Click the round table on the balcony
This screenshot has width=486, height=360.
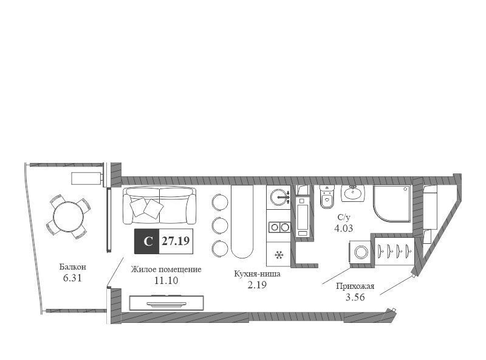(x=69, y=216)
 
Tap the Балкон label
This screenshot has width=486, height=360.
(x=73, y=267)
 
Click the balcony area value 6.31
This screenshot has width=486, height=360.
(x=72, y=278)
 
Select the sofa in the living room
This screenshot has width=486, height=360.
(x=160, y=206)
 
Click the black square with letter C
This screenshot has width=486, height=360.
(x=146, y=241)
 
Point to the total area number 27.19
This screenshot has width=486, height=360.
(x=176, y=241)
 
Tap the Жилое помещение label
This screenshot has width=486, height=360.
(x=166, y=269)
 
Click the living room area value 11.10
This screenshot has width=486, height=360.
(x=166, y=280)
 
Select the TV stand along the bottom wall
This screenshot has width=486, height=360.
(x=166, y=303)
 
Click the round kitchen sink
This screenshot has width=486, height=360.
(x=279, y=197)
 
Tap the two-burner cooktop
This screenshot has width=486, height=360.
(x=279, y=227)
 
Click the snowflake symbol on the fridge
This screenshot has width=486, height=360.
(x=279, y=255)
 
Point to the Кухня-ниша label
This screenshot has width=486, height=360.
(x=257, y=274)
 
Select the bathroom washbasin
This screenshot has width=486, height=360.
(x=352, y=193)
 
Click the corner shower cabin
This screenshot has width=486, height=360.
(x=392, y=204)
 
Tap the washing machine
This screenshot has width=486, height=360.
(x=361, y=252)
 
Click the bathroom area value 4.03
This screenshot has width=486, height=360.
(x=343, y=229)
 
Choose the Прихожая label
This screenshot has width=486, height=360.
(x=355, y=286)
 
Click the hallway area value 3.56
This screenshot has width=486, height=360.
(x=355, y=297)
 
